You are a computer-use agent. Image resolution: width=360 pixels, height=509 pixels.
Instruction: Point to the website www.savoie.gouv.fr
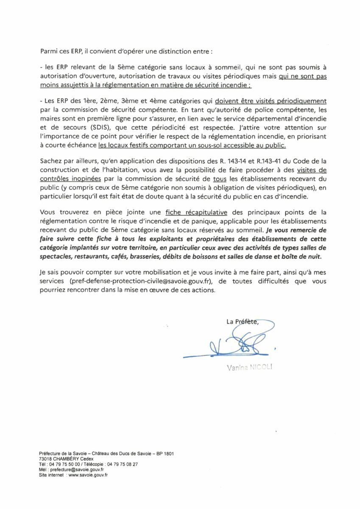tap(88, 475)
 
